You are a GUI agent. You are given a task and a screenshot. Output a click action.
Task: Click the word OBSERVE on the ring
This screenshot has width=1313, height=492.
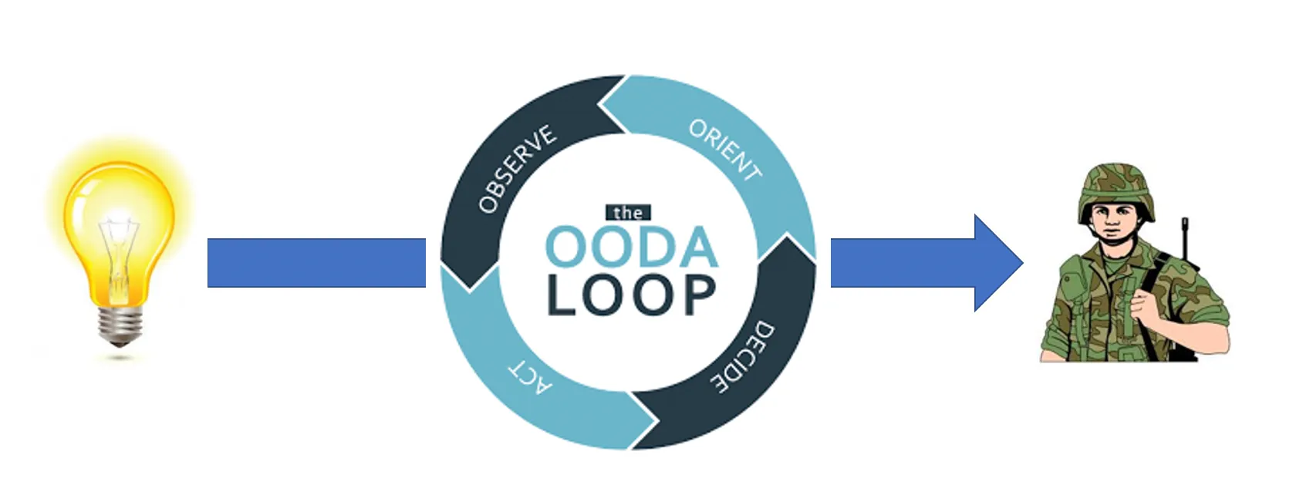click(516, 169)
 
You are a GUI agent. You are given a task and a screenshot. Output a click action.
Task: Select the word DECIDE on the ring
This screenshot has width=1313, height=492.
click(741, 357)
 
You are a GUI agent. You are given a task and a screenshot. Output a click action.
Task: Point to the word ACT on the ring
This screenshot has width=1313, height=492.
click(530, 376)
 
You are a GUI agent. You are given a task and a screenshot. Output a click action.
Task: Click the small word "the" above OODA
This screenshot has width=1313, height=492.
click(628, 213)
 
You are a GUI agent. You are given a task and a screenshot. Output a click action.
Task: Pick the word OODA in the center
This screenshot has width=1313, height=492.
click(631, 248)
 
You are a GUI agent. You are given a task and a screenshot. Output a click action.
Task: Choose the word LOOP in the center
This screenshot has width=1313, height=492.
click(631, 295)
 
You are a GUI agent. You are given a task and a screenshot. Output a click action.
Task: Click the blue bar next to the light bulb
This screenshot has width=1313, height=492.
click(316, 263)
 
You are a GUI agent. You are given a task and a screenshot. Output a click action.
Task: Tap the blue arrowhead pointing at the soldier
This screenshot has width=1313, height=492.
click(997, 263)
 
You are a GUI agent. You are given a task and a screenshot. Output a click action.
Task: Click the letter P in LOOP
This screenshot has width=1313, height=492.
click(698, 295)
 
